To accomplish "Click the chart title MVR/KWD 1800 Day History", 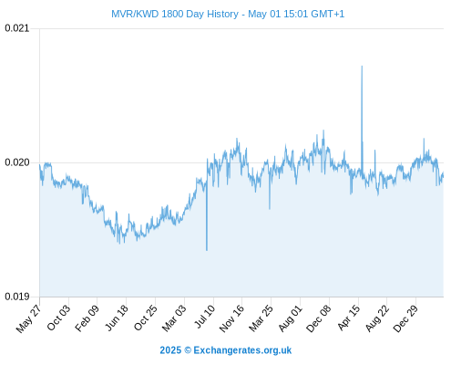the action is pyautogui.click(x=175, y=14).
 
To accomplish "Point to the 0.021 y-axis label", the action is pyautogui.click(x=17, y=28).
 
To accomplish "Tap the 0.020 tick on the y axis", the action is pyautogui.click(x=17, y=162).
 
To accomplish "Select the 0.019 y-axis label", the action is pyautogui.click(x=17, y=297).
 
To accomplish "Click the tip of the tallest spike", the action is pyautogui.click(x=362, y=66).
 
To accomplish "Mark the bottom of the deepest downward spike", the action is pyautogui.click(x=207, y=250).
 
